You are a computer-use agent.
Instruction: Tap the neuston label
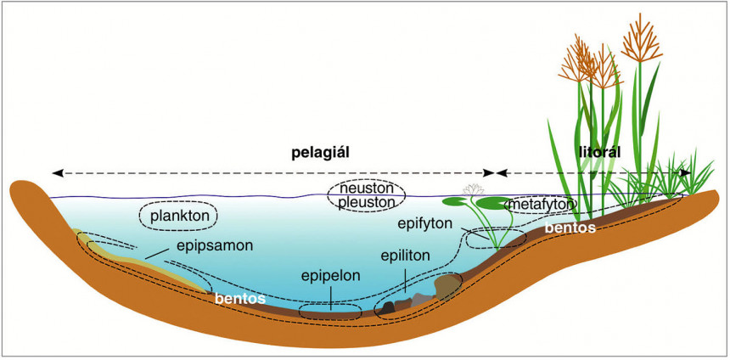pos(367,188)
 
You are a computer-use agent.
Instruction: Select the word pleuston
pos(367,203)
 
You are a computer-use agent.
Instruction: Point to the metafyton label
pos(541,205)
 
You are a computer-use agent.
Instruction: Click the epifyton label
pos(424,223)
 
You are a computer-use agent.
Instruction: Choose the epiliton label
pos(405,256)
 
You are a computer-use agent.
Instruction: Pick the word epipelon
pos(330,276)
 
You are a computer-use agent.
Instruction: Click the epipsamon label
pos(215,245)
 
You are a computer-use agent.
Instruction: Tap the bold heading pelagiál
pos(320,153)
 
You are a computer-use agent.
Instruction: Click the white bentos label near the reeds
pos(570,228)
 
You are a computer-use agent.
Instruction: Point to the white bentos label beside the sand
pos(239,298)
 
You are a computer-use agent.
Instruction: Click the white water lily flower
pos(474,189)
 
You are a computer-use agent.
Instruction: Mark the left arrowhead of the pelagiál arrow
pos(58,173)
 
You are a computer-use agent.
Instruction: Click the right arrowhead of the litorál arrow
pos(685,172)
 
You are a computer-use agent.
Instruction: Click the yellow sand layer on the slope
pos(140,262)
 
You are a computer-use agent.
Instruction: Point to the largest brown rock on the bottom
pos(446,287)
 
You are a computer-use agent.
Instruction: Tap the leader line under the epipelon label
pos(330,298)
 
